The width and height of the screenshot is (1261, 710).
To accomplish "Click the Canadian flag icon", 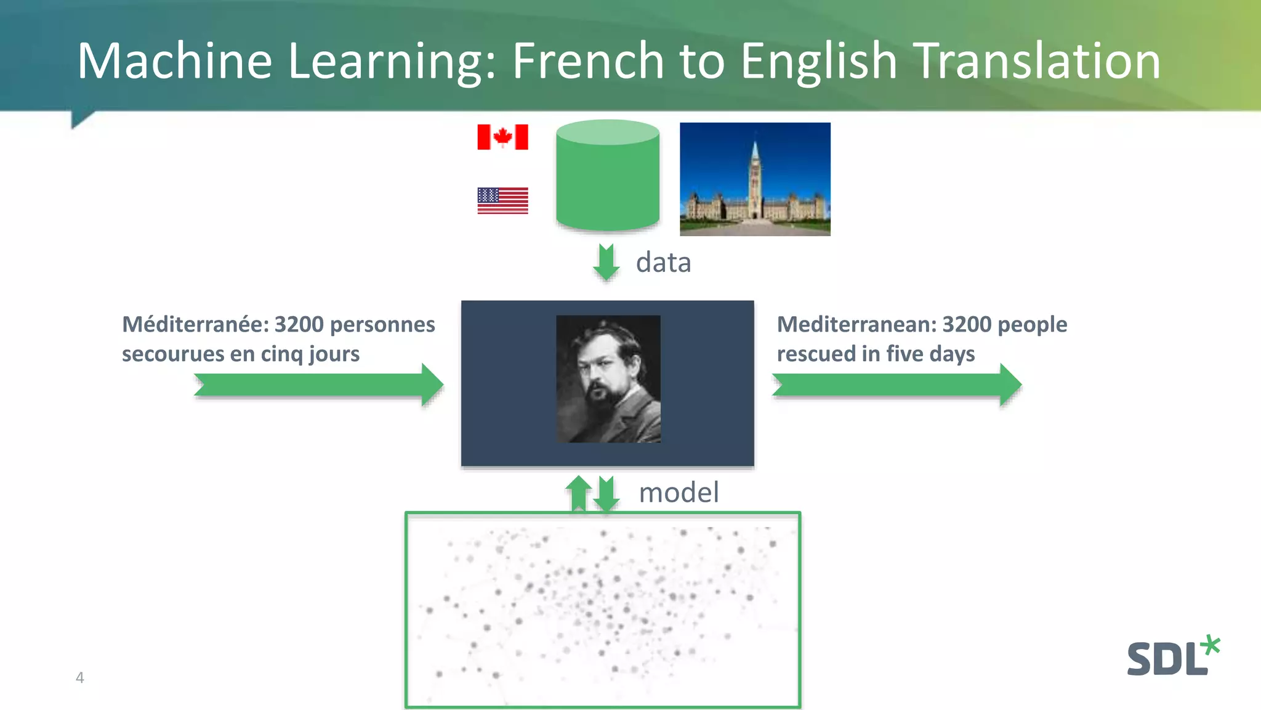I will [502, 137].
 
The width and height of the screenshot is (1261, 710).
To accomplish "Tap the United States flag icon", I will [502, 200].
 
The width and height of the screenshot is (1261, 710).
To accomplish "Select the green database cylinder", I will [608, 176].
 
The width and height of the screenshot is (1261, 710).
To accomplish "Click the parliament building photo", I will [755, 179].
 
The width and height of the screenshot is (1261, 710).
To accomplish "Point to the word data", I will [663, 263].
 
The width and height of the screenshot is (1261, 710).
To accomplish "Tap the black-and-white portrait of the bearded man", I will [608, 378].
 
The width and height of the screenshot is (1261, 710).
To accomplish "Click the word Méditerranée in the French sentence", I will [195, 324].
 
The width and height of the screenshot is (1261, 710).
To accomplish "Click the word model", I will [679, 492].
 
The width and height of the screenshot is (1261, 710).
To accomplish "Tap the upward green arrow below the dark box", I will [578, 493].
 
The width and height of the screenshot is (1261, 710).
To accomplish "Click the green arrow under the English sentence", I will [896, 385].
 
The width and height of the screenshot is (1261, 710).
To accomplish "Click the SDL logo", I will [1172, 657].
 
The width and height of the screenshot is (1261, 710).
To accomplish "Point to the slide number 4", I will [79, 678].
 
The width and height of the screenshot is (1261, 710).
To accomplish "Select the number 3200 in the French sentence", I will [299, 324].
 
